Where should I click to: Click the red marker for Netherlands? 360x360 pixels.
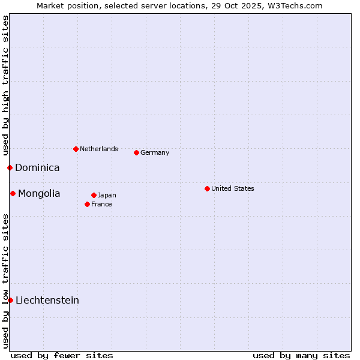(x=76, y=149)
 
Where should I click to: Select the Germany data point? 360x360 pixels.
(x=136, y=152)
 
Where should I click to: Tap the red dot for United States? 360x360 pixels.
(x=207, y=188)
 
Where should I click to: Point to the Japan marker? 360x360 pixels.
(x=94, y=195)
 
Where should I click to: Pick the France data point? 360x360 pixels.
(x=87, y=204)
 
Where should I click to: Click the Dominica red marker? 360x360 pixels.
(x=10, y=167)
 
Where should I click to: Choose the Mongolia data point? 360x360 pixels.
(x=13, y=193)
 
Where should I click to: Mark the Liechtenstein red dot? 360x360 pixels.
(x=10, y=300)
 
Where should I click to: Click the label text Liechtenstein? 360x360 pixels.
(x=47, y=300)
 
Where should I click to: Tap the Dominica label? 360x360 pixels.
(x=37, y=168)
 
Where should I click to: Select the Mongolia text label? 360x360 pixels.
(x=39, y=193)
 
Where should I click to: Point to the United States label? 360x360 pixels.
(x=233, y=188)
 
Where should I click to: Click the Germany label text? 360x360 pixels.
(x=155, y=152)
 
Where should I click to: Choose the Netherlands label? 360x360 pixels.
(x=99, y=149)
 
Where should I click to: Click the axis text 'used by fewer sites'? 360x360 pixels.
(x=62, y=355)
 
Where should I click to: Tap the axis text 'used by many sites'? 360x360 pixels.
(x=301, y=355)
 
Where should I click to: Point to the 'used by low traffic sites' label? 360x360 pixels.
(x=5, y=281)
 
